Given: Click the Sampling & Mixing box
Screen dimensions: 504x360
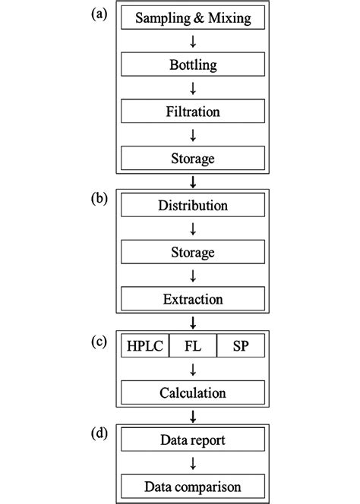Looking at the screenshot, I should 193,17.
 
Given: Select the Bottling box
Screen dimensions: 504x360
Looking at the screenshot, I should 193,65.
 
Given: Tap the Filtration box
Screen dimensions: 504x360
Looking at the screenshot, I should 193,112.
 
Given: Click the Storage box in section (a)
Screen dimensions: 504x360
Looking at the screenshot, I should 193,159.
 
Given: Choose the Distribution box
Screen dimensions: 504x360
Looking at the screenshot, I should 193,206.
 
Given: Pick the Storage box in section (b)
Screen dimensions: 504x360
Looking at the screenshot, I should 193,253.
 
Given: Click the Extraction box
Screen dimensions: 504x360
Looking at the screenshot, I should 193,299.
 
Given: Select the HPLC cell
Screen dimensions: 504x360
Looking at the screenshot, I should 144,346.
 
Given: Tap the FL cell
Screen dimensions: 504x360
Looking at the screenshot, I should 192,346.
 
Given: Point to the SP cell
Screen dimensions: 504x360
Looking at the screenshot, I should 241,346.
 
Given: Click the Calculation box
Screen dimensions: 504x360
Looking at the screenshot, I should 193,393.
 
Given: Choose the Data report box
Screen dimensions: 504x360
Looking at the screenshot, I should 193,439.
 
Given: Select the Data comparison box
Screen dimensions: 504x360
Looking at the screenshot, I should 193,486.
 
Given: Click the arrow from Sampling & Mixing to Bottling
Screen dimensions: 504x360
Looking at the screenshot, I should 193,41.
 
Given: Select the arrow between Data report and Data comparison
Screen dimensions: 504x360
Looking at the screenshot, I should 193,463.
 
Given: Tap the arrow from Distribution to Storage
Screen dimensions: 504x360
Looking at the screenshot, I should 193,229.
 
